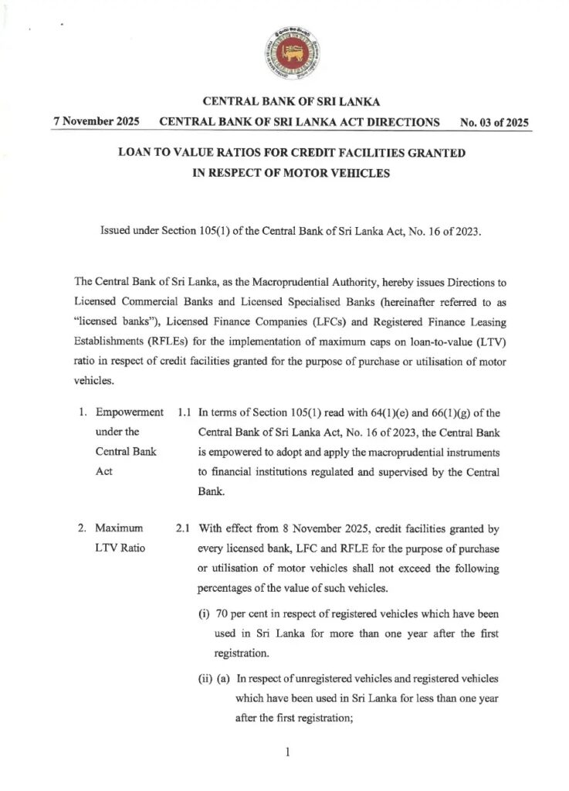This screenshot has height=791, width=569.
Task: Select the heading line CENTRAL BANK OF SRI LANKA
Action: click(291, 102)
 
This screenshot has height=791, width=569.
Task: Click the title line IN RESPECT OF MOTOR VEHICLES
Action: click(291, 173)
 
